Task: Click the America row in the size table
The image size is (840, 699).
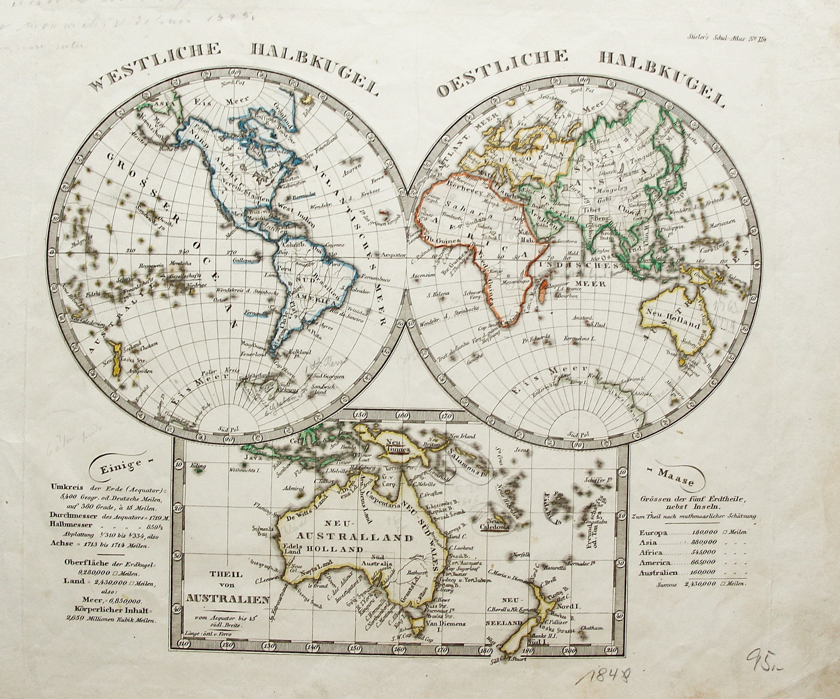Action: point(693,562)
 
